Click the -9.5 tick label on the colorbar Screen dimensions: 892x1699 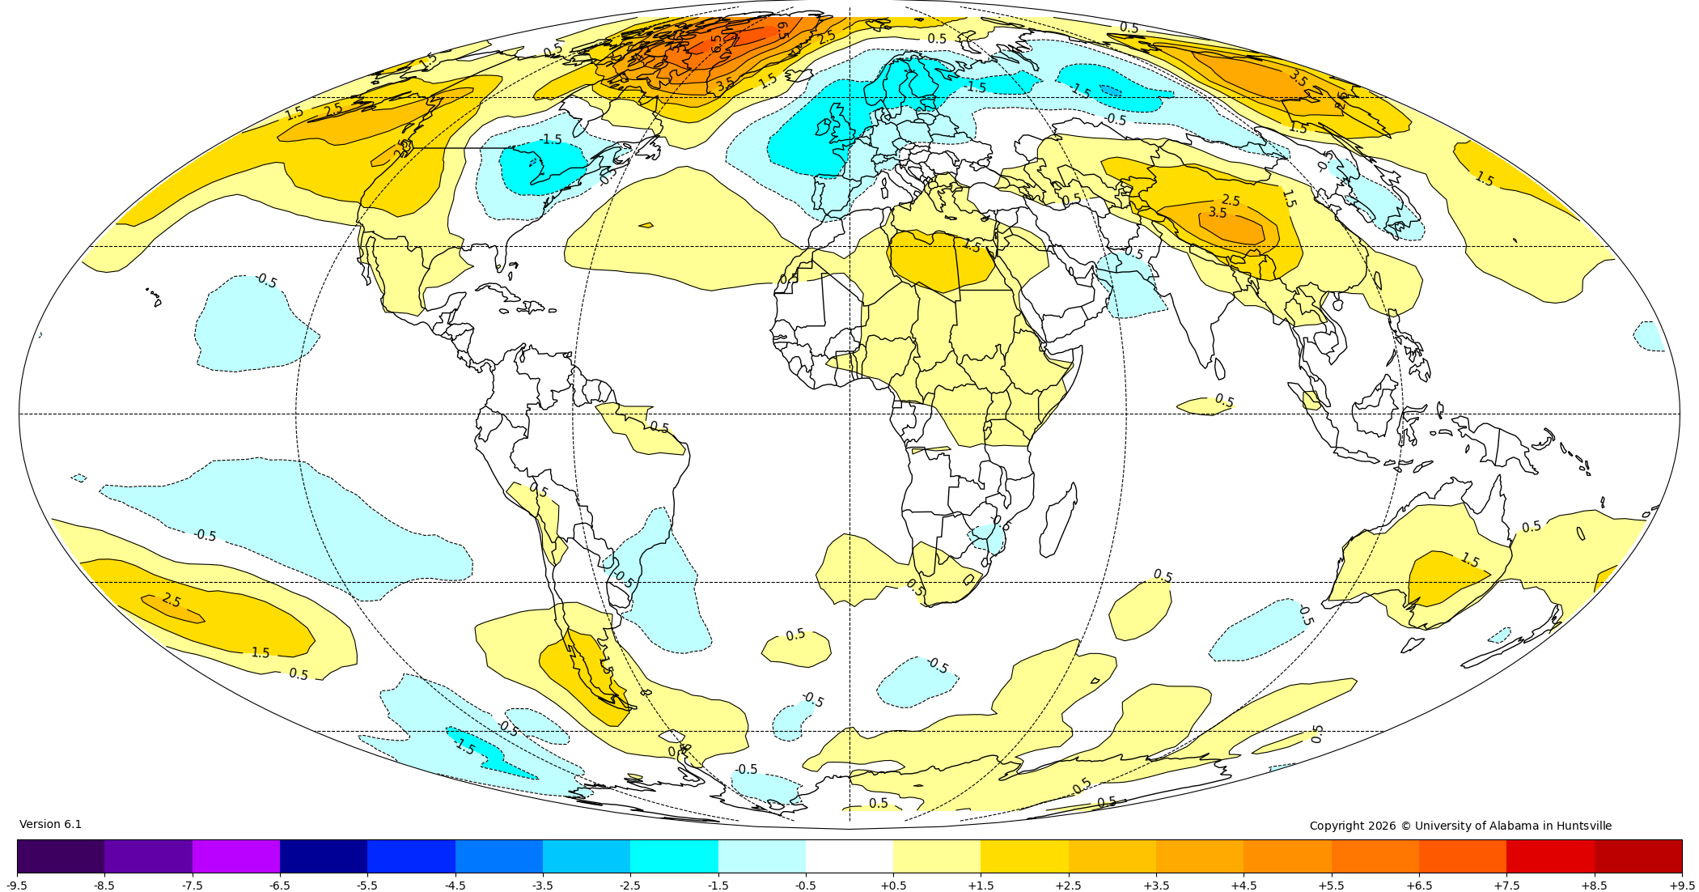pos(17,886)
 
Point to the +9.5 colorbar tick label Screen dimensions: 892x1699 pos(1682,886)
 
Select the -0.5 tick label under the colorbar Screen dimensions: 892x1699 pos(805,886)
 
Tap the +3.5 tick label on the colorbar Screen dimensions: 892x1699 pos(1156,886)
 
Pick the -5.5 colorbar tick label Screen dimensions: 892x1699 pos(366,886)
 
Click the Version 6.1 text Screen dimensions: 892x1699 pos(50,824)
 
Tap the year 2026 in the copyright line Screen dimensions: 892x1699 pos(1383,826)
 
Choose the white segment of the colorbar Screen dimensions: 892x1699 pos(849,856)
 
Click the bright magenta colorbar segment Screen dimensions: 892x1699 pos(235,856)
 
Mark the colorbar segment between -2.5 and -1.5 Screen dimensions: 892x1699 pos(674,856)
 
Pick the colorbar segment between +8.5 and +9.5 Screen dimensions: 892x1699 pos(1638,856)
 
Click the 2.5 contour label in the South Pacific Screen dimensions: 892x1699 pos(172,600)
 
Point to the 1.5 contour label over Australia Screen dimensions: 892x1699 pos(1469,560)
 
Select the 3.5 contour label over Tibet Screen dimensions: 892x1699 pos(1218,213)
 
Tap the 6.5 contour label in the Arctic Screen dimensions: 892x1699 pos(717,44)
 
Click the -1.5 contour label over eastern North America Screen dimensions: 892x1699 pos(551,139)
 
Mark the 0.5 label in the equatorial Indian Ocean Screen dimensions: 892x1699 pos(1224,401)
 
